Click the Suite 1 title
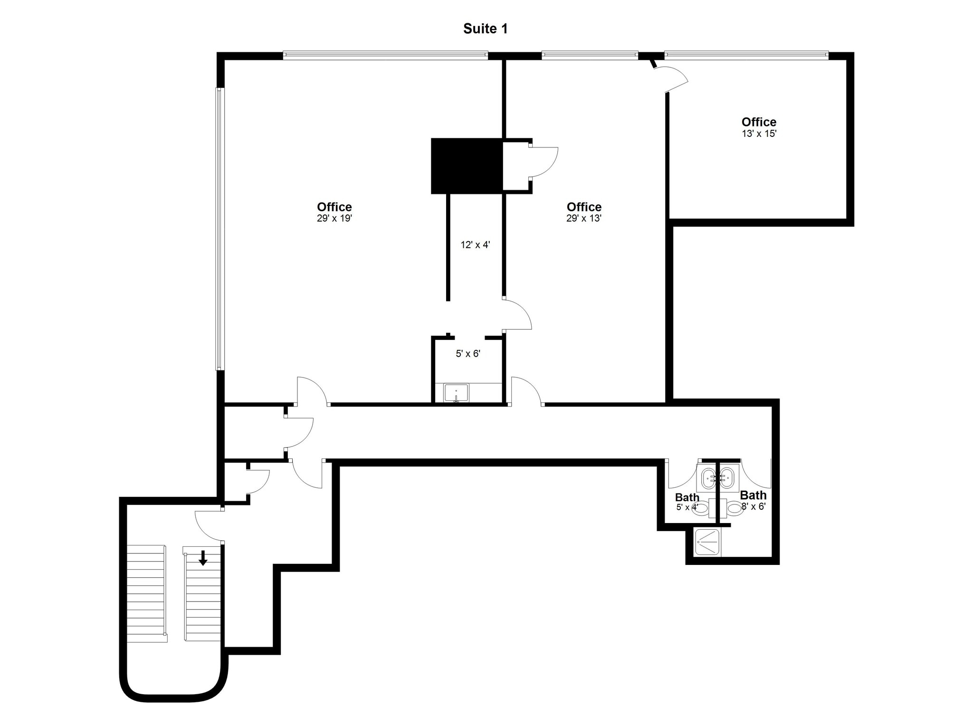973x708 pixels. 485,29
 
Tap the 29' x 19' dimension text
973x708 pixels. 334,219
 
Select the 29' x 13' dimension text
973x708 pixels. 583,219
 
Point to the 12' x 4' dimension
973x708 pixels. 475,245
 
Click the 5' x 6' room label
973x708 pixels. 468,354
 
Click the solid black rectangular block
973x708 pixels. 467,166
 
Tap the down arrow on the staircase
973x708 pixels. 203,558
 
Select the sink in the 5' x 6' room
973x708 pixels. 456,393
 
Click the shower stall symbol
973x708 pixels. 708,542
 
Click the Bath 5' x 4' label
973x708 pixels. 687,502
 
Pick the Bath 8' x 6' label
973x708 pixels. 753,500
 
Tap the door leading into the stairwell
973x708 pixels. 208,525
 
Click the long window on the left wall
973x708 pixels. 219,228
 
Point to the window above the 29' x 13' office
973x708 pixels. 589,56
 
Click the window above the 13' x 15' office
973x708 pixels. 746,56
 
